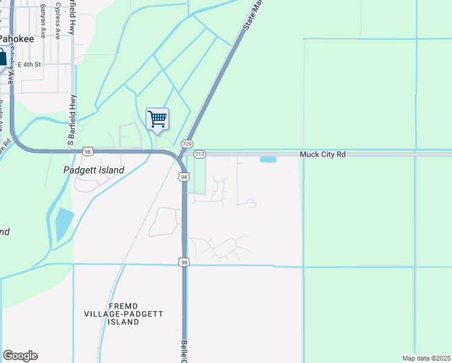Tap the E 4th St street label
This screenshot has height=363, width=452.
click(x=29, y=64)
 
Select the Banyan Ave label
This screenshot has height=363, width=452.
click(x=43, y=20)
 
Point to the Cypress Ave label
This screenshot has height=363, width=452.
click(x=58, y=20)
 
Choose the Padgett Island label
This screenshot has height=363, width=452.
click(x=94, y=170)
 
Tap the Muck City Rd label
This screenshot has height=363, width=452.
click(x=323, y=155)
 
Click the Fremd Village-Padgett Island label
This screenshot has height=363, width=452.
click(x=124, y=314)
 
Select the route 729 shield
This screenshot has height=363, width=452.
click(x=187, y=144)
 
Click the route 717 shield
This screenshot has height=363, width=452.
click(x=200, y=155)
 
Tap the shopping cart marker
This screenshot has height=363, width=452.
click(x=157, y=119)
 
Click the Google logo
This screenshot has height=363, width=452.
click(x=20, y=356)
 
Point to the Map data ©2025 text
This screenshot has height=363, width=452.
click(x=425, y=358)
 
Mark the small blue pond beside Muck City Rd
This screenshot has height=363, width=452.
click(x=268, y=160)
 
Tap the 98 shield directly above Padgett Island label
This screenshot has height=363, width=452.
click(x=88, y=151)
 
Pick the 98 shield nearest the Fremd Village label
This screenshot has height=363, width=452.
click(x=184, y=262)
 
